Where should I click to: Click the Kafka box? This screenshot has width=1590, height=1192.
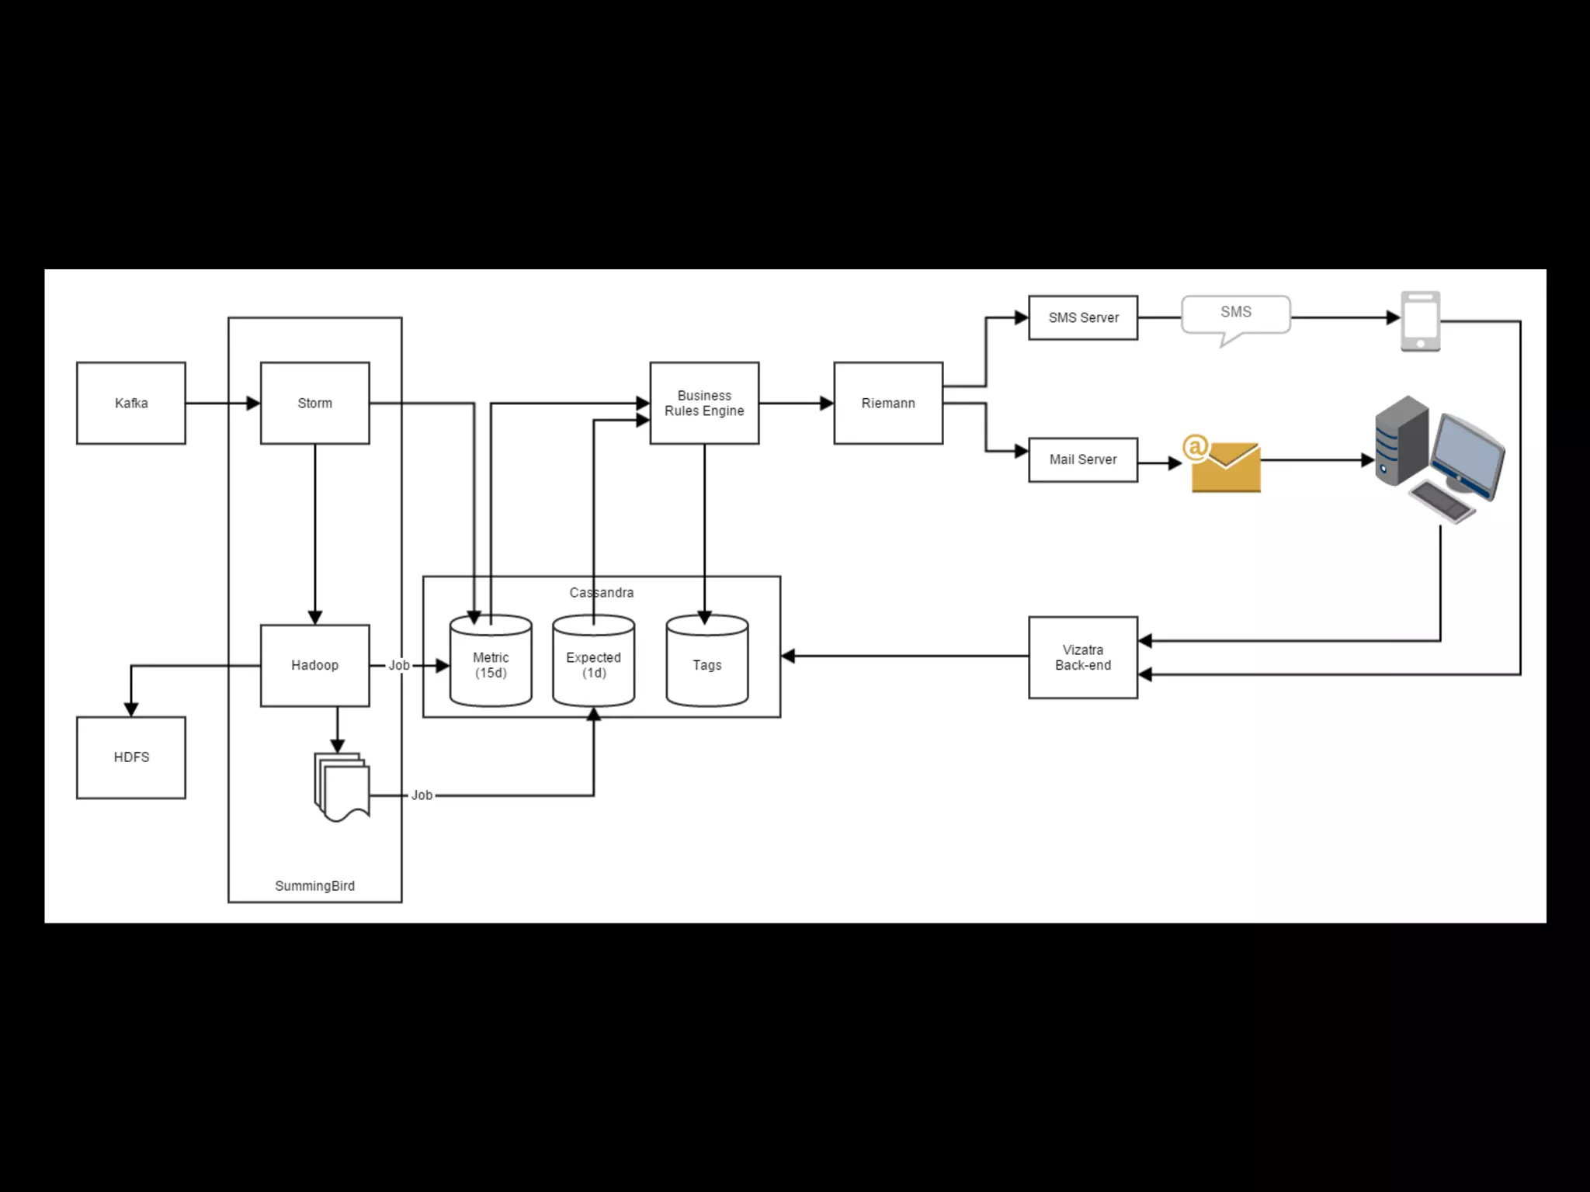[130, 403]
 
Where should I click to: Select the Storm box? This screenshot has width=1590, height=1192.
[314, 403]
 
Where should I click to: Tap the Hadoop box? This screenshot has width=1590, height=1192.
[314, 665]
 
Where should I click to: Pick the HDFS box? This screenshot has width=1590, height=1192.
[130, 757]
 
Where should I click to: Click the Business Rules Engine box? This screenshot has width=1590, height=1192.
[704, 403]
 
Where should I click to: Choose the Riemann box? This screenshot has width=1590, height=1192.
[888, 403]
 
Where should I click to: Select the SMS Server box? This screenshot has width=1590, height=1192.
[1083, 317]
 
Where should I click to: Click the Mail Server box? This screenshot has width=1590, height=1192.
[1083, 459]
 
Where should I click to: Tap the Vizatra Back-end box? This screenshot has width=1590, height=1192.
[1083, 657]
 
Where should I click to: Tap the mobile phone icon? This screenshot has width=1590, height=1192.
[1420, 321]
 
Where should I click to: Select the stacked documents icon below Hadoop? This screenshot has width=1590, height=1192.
[342, 786]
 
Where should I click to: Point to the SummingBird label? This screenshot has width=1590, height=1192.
[314, 885]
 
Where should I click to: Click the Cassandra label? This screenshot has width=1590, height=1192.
[601, 592]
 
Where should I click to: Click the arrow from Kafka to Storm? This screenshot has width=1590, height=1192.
[222, 403]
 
